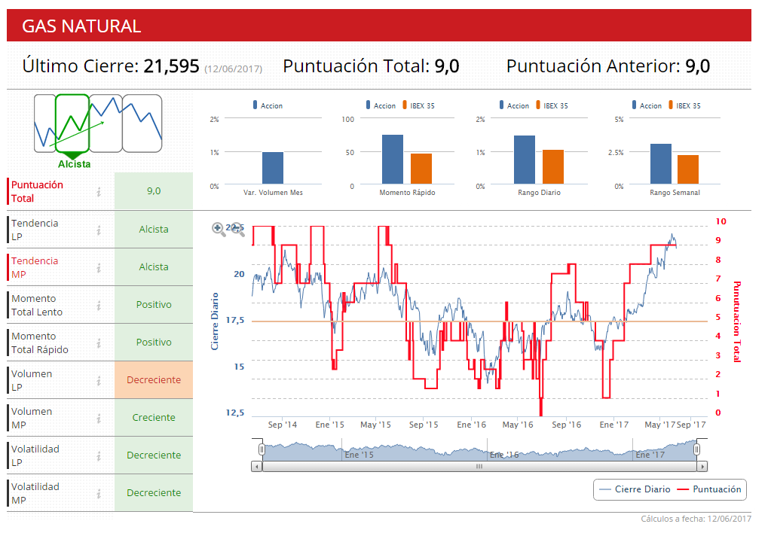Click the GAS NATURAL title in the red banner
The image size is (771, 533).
pyautogui.click(x=81, y=26)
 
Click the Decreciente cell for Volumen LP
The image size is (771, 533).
pyautogui.click(x=154, y=380)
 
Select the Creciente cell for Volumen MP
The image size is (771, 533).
pyautogui.click(x=154, y=418)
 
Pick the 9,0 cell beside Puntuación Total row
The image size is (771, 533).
pyautogui.click(x=154, y=191)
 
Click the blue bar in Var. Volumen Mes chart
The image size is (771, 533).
pyautogui.click(x=273, y=168)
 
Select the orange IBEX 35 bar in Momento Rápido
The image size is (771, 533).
pyautogui.click(x=421, y=169)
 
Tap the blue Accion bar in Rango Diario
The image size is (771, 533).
pyautogui.click(x=525, y=160)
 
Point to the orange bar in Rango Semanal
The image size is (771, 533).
pyautogui.click(x=688, y=169)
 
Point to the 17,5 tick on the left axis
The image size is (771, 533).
pyautogui.click(x=235, y=321)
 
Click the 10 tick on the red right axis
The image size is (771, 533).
pyautogui.click(x=721, y=221)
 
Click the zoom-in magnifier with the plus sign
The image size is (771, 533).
pyautogui.click(x=219, y=229)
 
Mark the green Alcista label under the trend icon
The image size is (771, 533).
pyautogui.click(x=74, y=164)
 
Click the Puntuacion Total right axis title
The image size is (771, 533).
pyautogui.click(x=737, y=321)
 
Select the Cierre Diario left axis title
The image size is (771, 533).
pyautogui.click(x=215, y=321)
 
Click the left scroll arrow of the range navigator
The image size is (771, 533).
pyautogui.click(x=257, y=467)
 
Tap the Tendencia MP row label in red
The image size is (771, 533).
pyautogui.click(x=35, y=267)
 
